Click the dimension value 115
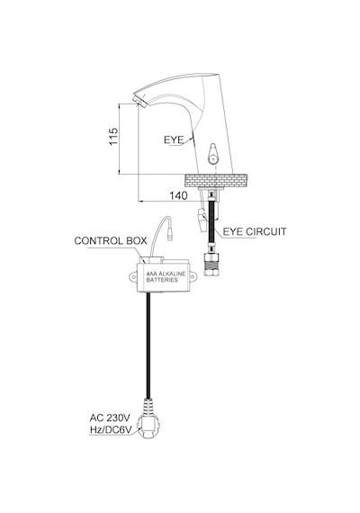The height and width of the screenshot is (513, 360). [x=113, y=137]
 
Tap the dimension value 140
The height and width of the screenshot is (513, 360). [x=178, y=195]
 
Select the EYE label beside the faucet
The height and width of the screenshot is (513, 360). [x=174, y=140]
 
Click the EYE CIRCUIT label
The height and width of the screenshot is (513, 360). [x=255, y=231]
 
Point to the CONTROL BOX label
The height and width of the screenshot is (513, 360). [x=111, y=241]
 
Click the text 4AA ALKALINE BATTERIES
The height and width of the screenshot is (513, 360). [x=166, y=277]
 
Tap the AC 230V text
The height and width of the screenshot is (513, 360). [x=110, y=418]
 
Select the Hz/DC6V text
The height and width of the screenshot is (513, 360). [x=111, y=430]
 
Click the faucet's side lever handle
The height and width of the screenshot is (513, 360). [x=212, y=153]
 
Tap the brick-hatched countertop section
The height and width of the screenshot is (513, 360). [x=216, y=181]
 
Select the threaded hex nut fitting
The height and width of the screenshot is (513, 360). [x=211, y=264]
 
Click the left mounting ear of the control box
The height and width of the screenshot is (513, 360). [x=133, y=277]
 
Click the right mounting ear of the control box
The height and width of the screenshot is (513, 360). [x=193, y=277]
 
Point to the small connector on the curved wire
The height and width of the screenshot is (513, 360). [x=169, y=235]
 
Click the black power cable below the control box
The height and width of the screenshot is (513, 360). [x=148, y=345]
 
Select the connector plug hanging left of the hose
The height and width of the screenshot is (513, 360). [x=202, y=219]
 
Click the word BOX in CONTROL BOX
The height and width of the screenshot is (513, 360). [x=137, y=241]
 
